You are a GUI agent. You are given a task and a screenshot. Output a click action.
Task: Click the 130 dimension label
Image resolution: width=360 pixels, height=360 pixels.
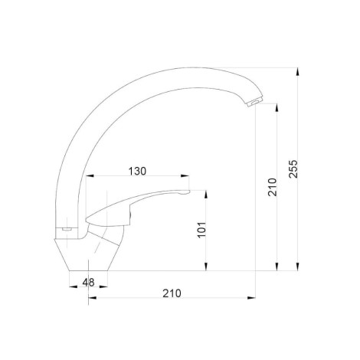[137, 171]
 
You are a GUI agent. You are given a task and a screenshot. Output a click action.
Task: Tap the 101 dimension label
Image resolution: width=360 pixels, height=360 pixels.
[201, 230]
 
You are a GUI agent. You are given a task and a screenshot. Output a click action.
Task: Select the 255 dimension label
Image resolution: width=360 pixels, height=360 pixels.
[293, 169]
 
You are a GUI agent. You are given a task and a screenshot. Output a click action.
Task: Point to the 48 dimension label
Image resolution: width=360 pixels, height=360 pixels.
[88, 283]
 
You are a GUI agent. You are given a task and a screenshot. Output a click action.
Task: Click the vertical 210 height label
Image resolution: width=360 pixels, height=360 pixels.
[273, 187]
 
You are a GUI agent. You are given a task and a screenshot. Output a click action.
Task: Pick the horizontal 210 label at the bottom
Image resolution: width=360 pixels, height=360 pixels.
[172, 293]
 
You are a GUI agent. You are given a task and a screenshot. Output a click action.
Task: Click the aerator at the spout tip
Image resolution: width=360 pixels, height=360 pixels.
[255, 102]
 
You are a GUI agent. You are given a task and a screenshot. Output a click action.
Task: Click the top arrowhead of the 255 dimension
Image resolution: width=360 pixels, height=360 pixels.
[297, 71]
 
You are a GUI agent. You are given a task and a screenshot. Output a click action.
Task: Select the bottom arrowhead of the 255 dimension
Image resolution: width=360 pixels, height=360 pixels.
[297, 267]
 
